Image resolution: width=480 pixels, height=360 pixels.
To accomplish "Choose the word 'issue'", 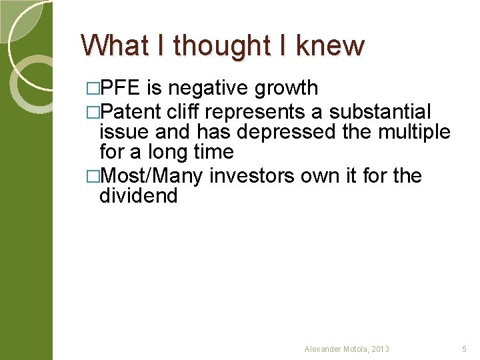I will tap(124, 132).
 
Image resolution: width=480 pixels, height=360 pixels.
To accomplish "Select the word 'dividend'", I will tap(138, 197).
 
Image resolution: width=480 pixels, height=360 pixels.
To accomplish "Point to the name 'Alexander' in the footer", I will tap(323, 349).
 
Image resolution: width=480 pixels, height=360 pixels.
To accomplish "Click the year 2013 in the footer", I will tap(381, 349).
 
